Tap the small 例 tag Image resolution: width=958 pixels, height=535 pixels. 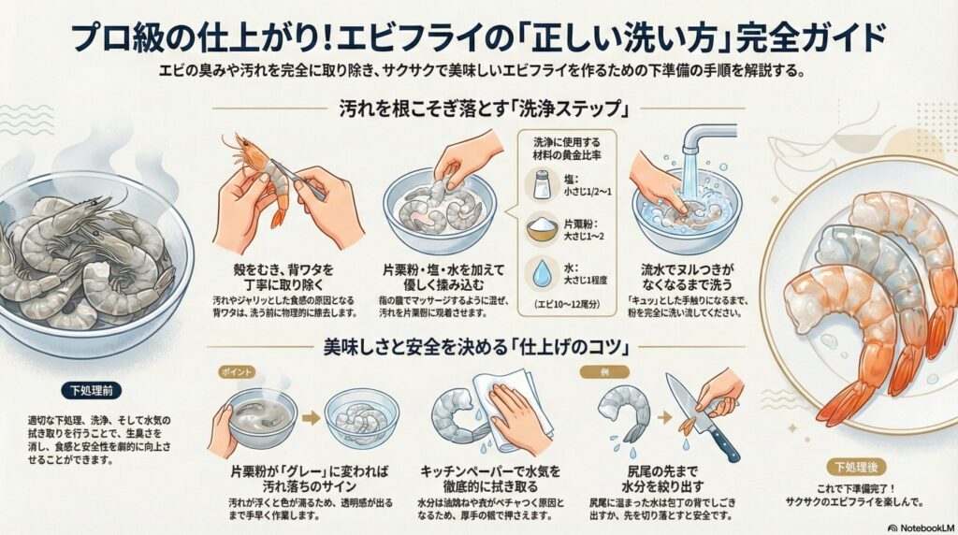click(613, 372)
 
